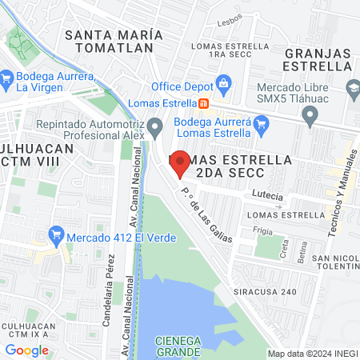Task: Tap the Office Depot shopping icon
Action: click(224, 85)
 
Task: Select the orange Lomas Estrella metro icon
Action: click(204, 103)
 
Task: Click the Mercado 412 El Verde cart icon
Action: click(55, 235)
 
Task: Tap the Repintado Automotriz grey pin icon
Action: click(158, 125)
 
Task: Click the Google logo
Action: click(26, 350)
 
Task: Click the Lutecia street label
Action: click(267, 194)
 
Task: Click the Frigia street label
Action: click(263, 230)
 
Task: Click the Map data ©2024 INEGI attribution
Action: click(312, 353)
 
